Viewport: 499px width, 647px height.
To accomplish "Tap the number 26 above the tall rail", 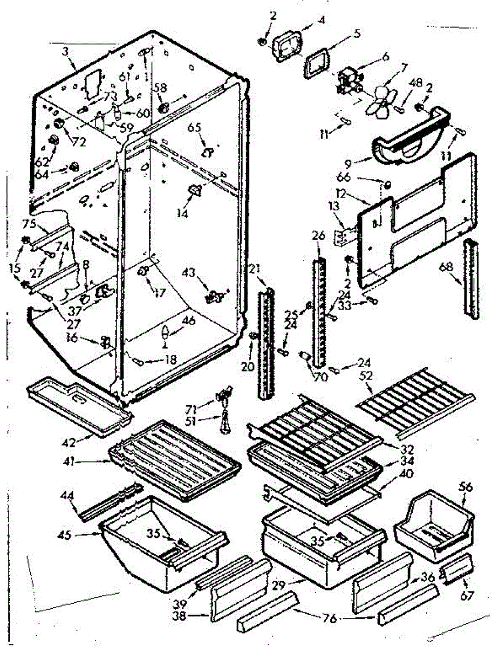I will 318,236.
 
